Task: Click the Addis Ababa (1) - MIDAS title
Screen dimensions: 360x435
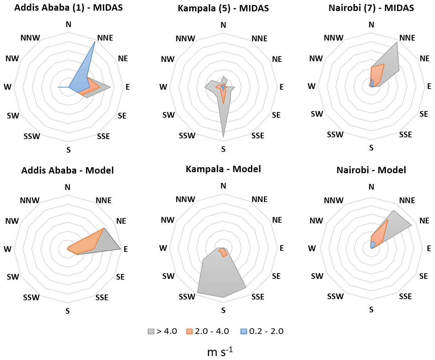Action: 68,7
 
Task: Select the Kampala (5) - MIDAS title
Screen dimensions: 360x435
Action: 223,8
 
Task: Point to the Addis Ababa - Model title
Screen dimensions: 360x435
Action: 68,170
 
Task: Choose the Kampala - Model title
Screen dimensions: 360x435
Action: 223,169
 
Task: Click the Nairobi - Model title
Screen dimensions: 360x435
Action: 371,170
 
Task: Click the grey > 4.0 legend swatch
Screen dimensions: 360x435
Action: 151,332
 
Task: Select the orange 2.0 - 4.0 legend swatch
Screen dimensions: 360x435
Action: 190,332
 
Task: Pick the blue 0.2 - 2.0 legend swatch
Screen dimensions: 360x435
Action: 244,332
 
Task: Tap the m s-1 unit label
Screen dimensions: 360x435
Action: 220,352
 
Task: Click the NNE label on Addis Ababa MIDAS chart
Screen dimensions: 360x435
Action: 105,38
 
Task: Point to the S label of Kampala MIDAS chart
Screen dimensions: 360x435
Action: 223,149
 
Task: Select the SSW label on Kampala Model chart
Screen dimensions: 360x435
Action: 187,297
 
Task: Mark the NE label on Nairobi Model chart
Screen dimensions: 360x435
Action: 424,221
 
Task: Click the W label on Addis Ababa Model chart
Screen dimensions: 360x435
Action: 7,249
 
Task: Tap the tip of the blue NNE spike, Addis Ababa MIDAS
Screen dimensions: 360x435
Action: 95,42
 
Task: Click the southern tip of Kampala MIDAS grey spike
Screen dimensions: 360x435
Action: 223,137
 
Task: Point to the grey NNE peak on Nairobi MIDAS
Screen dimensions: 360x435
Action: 397,42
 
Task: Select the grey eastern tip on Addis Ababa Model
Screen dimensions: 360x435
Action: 121,249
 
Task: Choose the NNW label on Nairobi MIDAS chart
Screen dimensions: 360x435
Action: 333,38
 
